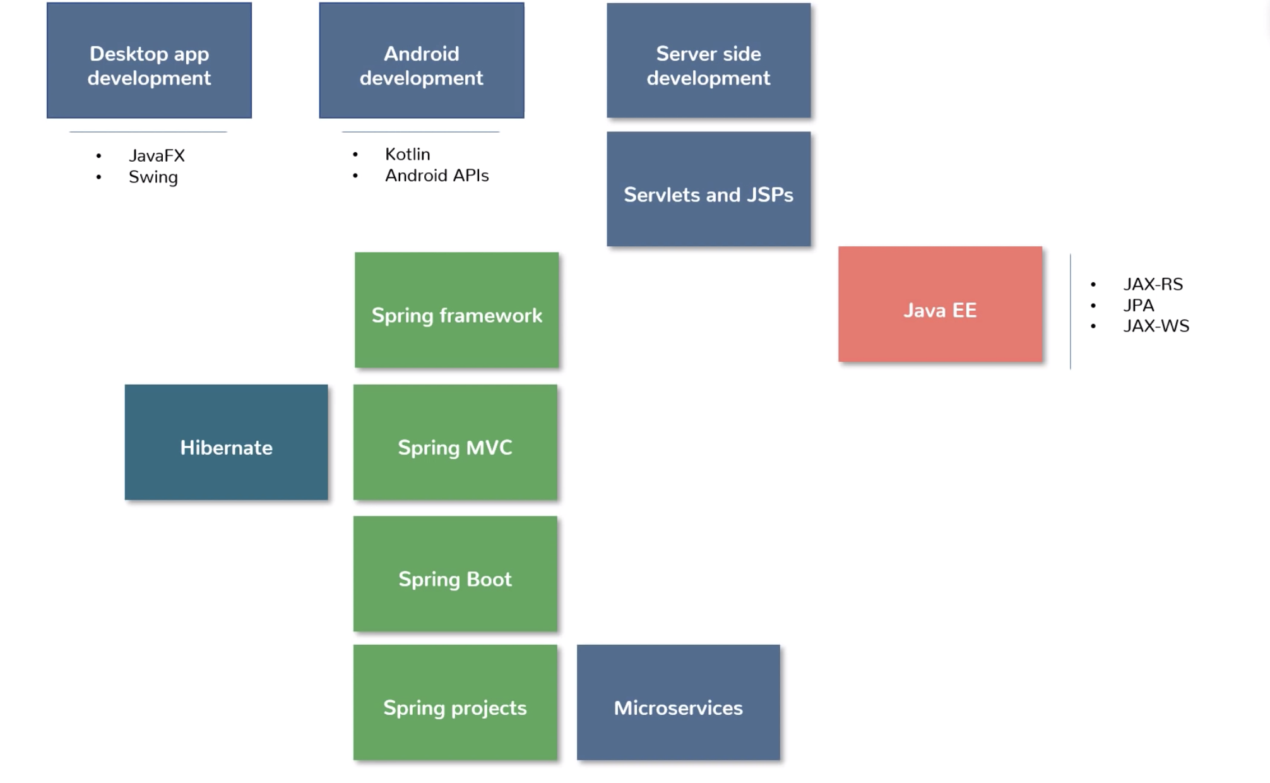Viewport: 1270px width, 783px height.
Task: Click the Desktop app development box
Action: tap(149, 61)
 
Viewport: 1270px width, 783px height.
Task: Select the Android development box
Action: tap(422, 61)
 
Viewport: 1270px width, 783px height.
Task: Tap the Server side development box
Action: tap(709, 61)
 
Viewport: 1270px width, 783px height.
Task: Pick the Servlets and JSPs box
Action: tap(709, 189)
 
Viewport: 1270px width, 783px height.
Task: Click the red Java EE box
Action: tap(941, 304)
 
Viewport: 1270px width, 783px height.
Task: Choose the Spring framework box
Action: tap(457, 310)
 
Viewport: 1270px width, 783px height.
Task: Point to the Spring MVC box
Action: tap(455, 442)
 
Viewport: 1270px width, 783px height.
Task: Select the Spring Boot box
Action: tap(455, 574)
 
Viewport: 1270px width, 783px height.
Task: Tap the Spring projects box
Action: tap(455, 702)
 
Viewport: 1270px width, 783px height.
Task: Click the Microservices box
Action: tap(679, 702)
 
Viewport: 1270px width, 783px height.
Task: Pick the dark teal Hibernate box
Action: tap(226, 442)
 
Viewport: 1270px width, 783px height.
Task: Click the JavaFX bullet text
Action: tap(157, 155)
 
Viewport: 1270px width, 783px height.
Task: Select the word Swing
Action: tap(153, 177)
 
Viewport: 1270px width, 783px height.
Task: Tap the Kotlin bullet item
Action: tap(408, 154)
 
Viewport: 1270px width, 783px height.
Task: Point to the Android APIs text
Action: tap(437, 176)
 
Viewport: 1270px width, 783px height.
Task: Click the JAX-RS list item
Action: tap(1153, 284)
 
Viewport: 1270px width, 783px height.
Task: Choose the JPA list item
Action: tap(1139, 305)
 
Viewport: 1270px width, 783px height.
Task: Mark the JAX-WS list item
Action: tap(1156, 326)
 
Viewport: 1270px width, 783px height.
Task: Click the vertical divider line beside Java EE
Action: tap(1071, 311)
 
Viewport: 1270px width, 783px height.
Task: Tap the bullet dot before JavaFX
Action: tap(98, 155)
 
